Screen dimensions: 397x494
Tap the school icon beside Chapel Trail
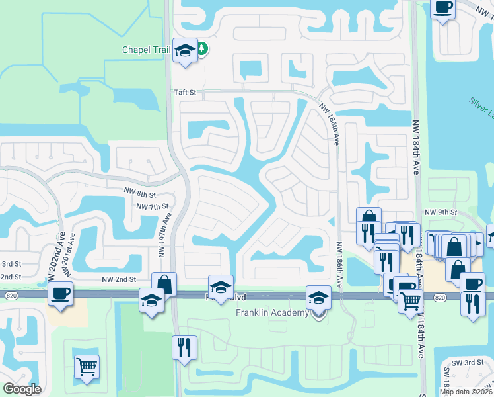coord(184,50)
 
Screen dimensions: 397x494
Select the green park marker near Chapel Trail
coord(201,48)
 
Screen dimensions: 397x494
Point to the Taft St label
coord(186,93)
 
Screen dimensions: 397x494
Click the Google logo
coord(22,389)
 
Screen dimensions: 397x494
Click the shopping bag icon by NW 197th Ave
coord(164,284)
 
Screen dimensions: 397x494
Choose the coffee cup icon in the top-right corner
coord(442,7)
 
